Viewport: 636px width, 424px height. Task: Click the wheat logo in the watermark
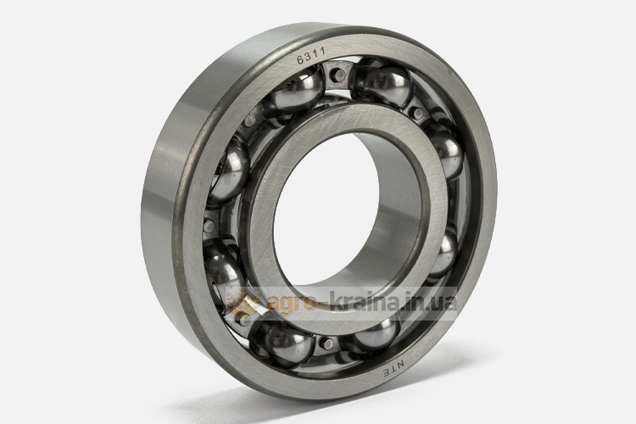tap(243, 304)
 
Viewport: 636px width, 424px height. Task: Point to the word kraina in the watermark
tap(363, 302)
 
